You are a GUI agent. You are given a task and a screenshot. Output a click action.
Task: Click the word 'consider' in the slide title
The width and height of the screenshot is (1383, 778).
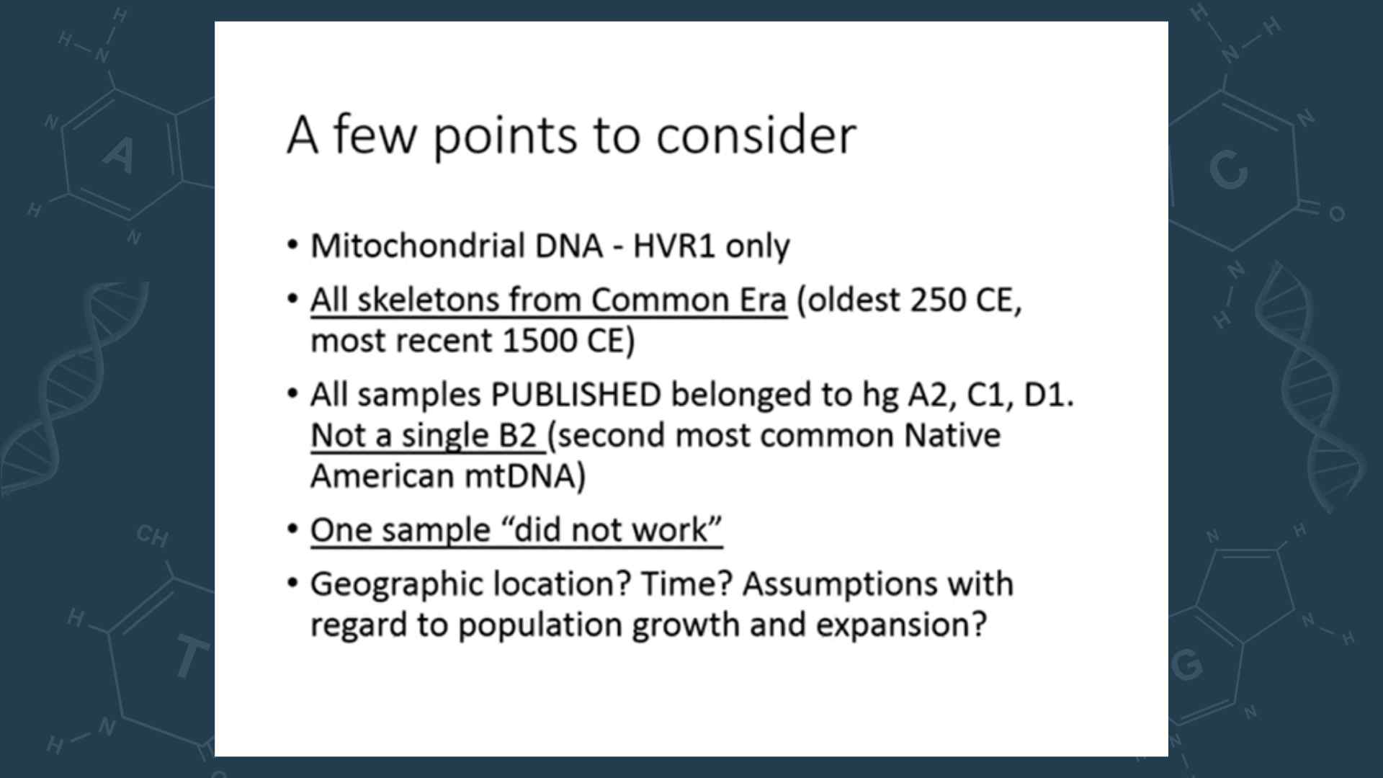click(x=756, y=135)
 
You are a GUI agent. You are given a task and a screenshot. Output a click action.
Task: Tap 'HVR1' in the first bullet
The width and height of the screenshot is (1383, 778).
click(x=675, y=246)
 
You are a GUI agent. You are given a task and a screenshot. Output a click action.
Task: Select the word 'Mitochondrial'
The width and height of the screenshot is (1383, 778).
click(x=418, y=246)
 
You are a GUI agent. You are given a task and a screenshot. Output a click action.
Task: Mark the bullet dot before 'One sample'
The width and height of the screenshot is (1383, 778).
click(x=292, y=529)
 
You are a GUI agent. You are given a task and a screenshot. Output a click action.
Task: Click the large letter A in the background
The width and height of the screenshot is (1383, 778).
click(x=119, y=155)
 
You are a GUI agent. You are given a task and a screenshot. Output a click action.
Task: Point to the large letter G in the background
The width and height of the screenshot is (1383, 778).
click(x=1186, y=664)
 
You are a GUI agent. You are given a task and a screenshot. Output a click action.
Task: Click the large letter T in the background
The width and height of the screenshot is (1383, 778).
click(x=190, y=657)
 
